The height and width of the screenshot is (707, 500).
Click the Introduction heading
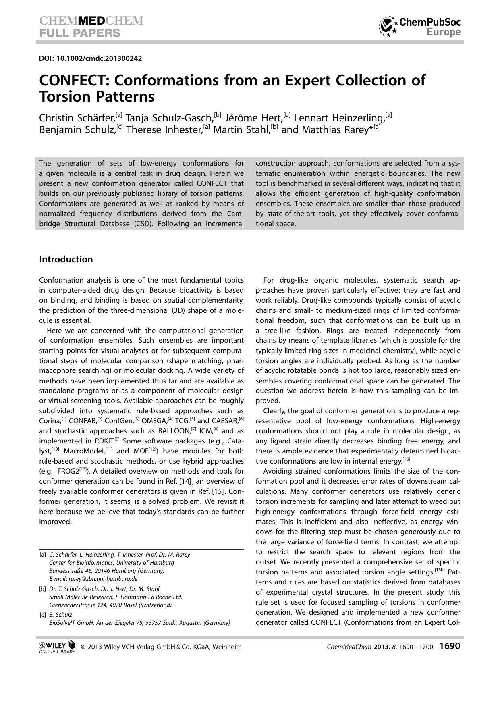(x=66, y=259)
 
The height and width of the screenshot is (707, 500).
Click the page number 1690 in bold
(x=449, y=646)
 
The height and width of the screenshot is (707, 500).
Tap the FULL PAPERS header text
(x=79, y=33)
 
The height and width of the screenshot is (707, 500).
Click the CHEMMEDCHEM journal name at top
(x=91, y=21)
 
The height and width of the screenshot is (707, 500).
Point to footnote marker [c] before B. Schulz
(x=42, y=615)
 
